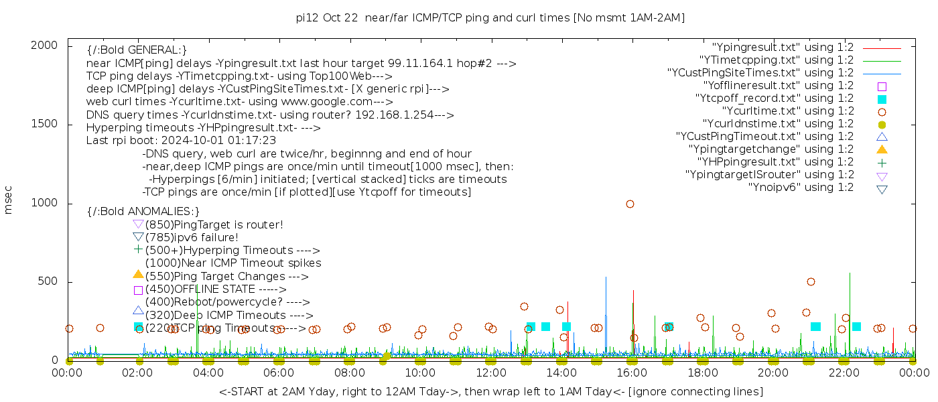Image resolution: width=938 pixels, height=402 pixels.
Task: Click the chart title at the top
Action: [490, 17]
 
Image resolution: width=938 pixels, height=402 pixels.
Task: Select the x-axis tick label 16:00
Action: [631, 373]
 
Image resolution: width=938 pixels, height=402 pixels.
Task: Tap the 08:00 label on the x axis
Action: [349, 373]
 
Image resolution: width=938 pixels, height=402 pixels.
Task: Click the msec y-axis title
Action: [9, 202]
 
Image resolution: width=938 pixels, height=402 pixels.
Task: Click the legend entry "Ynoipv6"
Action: [801, 188]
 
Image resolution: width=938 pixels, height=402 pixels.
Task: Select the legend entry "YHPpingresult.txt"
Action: [775, 162]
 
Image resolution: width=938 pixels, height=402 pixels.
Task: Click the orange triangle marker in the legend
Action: [882, 149]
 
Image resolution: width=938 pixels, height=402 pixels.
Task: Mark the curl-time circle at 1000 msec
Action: [630, 204]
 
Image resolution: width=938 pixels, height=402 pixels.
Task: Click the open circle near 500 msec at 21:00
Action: [811, 282]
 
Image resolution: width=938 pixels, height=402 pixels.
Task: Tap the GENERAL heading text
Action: [137, 50]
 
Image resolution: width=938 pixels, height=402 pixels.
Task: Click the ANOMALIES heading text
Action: [143, 211]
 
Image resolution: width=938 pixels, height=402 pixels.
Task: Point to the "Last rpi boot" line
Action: [181, 141]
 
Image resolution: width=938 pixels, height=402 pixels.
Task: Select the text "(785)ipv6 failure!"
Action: [192, 237]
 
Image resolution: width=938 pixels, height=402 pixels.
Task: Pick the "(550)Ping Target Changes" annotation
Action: [226, 276]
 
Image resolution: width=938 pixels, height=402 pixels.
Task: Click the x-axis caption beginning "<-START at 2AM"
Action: [490, 391]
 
